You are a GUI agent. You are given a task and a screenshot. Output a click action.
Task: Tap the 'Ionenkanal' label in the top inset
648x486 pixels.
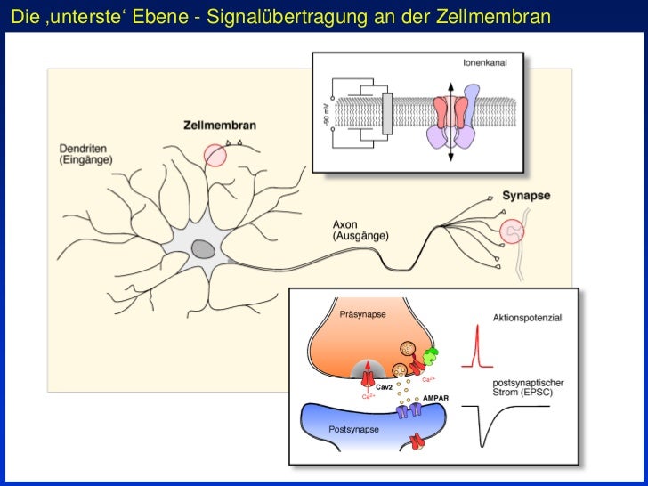pyautogui.click(x=487, y=63)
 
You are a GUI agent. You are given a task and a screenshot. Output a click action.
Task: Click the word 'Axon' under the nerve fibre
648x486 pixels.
pyautogui.click(x=345, y=224)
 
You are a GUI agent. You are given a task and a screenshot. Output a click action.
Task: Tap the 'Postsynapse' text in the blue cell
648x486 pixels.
pyautogui.click(x=354, y=429)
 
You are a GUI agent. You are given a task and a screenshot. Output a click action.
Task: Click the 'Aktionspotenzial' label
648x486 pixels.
pyautogui.click(x=527, y=317)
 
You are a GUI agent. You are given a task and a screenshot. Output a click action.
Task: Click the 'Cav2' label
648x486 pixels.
pyautogui.click(x=385, y=388)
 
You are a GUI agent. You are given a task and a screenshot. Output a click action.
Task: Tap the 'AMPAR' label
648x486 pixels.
pyautogui.click(x=435, y=398)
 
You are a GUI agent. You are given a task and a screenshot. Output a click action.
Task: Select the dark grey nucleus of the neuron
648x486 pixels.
pyautogui.click(x=204, y=248)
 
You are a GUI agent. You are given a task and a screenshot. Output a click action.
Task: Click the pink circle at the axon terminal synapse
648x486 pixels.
pyautogui.click(x=512, y=231)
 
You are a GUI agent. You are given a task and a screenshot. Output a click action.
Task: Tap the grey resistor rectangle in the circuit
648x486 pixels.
pyautogui.click(x=386, y=114)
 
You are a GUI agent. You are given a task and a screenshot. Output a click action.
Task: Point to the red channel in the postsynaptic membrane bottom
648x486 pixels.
pyautogui.click(x=415, y=441)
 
